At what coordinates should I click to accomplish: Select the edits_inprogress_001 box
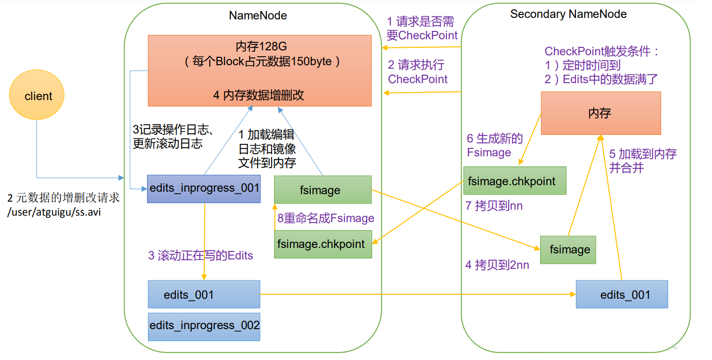point(204,189)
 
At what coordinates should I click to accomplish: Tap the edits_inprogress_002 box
point(204,326)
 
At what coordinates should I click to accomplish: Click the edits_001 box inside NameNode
point(204,295)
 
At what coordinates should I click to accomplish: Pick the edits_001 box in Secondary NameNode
point(621,295)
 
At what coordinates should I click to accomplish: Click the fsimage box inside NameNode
point(322,190)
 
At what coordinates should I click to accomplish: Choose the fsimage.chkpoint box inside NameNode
point(323,244)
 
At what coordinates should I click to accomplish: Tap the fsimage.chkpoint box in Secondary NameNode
point(515,181)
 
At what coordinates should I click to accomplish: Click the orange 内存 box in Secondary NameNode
point(600,114)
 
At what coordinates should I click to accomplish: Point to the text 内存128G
point(259,47)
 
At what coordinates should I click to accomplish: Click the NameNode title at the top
point(258,15)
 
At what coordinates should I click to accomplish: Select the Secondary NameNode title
point(568,14)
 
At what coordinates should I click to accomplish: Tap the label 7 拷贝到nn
point(494,206)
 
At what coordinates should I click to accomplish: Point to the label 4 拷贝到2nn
point(497,265)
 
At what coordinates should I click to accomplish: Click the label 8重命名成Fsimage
point(326,219)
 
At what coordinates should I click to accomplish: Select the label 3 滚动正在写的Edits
point(201,256)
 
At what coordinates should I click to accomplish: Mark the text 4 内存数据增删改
point(259,96)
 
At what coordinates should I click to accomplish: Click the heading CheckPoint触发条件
point(602,51)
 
